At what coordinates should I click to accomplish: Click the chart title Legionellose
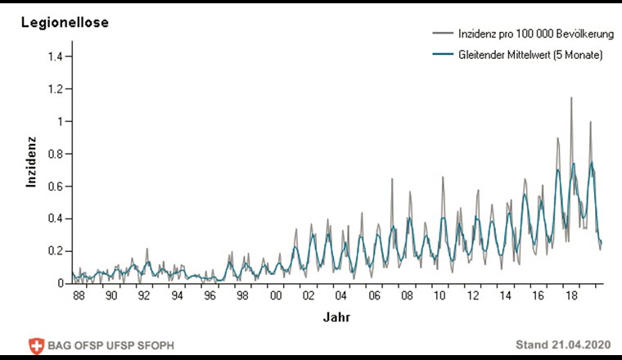coord(65,23)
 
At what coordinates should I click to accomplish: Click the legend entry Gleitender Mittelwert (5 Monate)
coord(529,55)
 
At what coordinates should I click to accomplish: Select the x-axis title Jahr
coord(336,316)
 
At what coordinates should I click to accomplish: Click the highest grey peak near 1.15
coord(571,98)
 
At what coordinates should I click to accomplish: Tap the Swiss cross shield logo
coord(36,344)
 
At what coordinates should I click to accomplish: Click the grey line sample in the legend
coord(443,33)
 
